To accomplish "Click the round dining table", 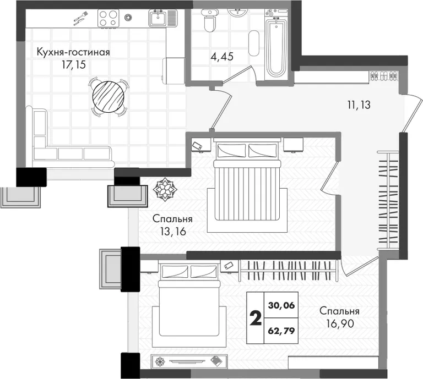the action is click(x=108, y=97).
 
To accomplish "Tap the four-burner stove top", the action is click(x=108, y=18).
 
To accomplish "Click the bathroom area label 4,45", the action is click(x=222, y=57).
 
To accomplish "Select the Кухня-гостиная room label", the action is click(x=73, y=52).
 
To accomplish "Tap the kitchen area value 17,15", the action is click(x=74, y=65).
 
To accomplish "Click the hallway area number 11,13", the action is click(x=359, y=105).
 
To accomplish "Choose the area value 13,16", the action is click(x=173, y=232).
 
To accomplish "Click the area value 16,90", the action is click(x=340, y=323).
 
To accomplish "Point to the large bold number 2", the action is click(x=256, y=318).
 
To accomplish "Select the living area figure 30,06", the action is click(x=281, y=305).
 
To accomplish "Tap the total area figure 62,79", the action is click(x=281, y=331).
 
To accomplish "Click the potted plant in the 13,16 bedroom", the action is click(x=165, y=189).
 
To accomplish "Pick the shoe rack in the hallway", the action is click(x=383, y=76).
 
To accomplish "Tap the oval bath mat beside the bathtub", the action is click(x=253, y=43).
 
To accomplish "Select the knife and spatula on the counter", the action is click(x=80, y=18).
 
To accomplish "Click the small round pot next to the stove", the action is click(x=128, y=18).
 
